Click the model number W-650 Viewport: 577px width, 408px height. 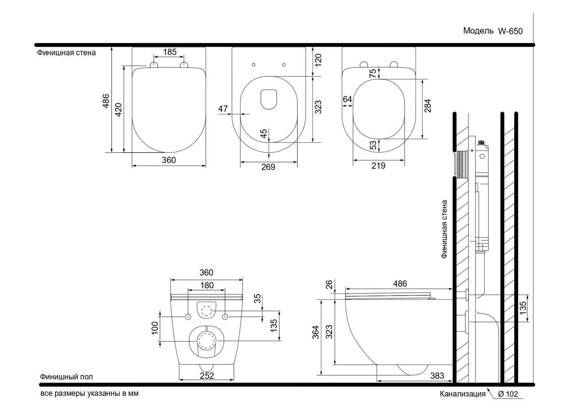tap(510, 31)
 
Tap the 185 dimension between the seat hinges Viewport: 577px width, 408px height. tap(170, 52)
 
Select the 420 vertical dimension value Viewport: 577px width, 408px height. tap(118, 110)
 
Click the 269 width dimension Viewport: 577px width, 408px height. tap(268, 167)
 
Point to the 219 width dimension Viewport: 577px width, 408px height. tap(378, 166)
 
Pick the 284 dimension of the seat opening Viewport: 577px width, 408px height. tap(428, 106)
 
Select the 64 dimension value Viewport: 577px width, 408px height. tap(347, 99)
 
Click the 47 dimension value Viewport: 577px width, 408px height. tap(223, 109)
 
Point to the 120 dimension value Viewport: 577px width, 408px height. tap(318, 60)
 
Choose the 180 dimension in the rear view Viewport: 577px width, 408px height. tap(207, 285)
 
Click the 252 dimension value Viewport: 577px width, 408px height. tap(207, 376)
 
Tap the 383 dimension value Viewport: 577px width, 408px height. tap(437, 376)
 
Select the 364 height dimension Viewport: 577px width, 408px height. tap(316, 332)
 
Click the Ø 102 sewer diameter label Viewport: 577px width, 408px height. tap(508, 394)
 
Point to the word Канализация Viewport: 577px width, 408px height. tap(463, 394)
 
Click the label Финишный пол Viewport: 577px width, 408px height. tap(66, 377)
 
